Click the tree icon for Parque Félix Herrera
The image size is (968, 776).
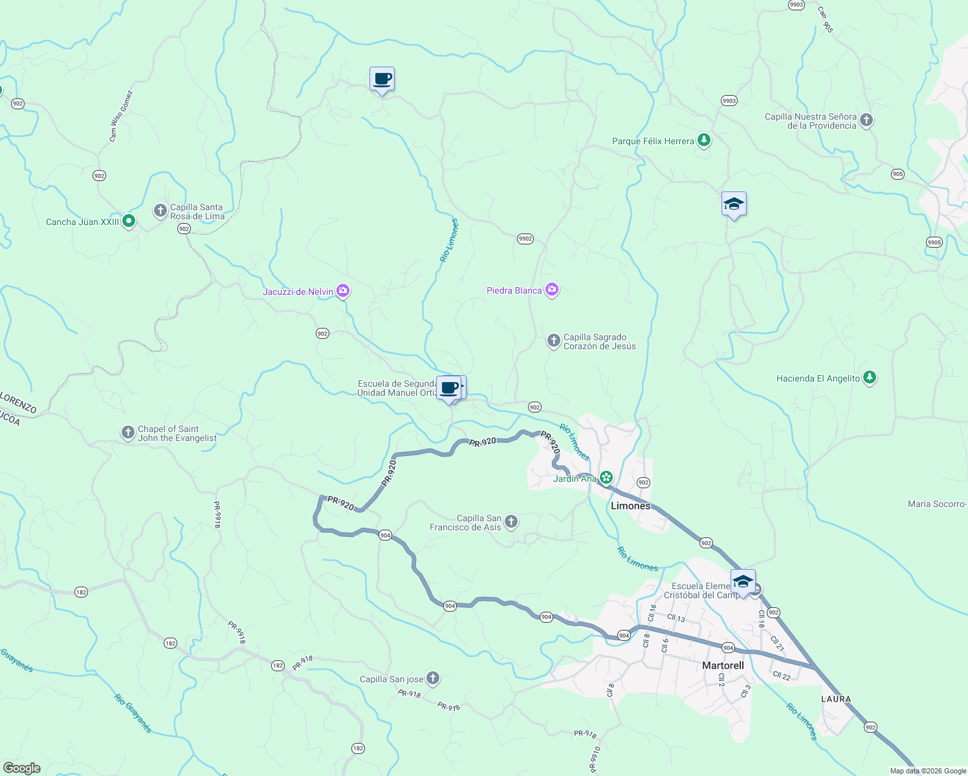pyautogui.click(x=704, y=140)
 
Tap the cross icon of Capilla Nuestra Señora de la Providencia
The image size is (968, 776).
pyautogui.click(x=866, y=120)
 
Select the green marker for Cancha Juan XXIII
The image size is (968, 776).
pyautogui.click(x=129, y=221)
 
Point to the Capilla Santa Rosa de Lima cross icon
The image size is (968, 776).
pyautogui.click(x=160, y=210)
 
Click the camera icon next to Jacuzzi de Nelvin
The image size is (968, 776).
pyautogui.click(x=343, y=291)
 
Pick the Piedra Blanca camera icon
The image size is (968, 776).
pyautogui.click(x=552, y=290)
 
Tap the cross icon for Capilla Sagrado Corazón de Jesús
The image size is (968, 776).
pyautogui.click(x=553, y=340)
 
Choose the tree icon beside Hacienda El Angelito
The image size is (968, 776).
pyautogui.click(x=870, y=378)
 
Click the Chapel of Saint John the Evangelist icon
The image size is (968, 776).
pyautogui.click(x=128, y=432)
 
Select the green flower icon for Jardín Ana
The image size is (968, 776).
pyautogui.click(x=606, y=478)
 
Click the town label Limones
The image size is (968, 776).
pyautogui.click(x=630, y=506)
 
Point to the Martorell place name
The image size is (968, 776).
pyautogui.click(x=723, y=665)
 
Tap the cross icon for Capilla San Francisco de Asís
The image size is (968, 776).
pyautogui.click(x=511, y=521)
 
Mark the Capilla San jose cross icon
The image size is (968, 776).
pyautogui.click(x=433, y=678)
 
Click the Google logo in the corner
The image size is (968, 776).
pyautogui.click(x=22, y=768)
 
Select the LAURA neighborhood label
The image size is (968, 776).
pyautogui.click(x=836, y=699)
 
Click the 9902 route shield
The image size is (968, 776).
pyautogui.click(x=525, y=239)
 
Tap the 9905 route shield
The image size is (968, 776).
pyautogui.click(x=934, y=242)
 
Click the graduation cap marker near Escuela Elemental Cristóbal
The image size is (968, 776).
pyautogui.click(x=743, y=581)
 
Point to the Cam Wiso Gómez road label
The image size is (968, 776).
pyautogui.click(x=120, y=116)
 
